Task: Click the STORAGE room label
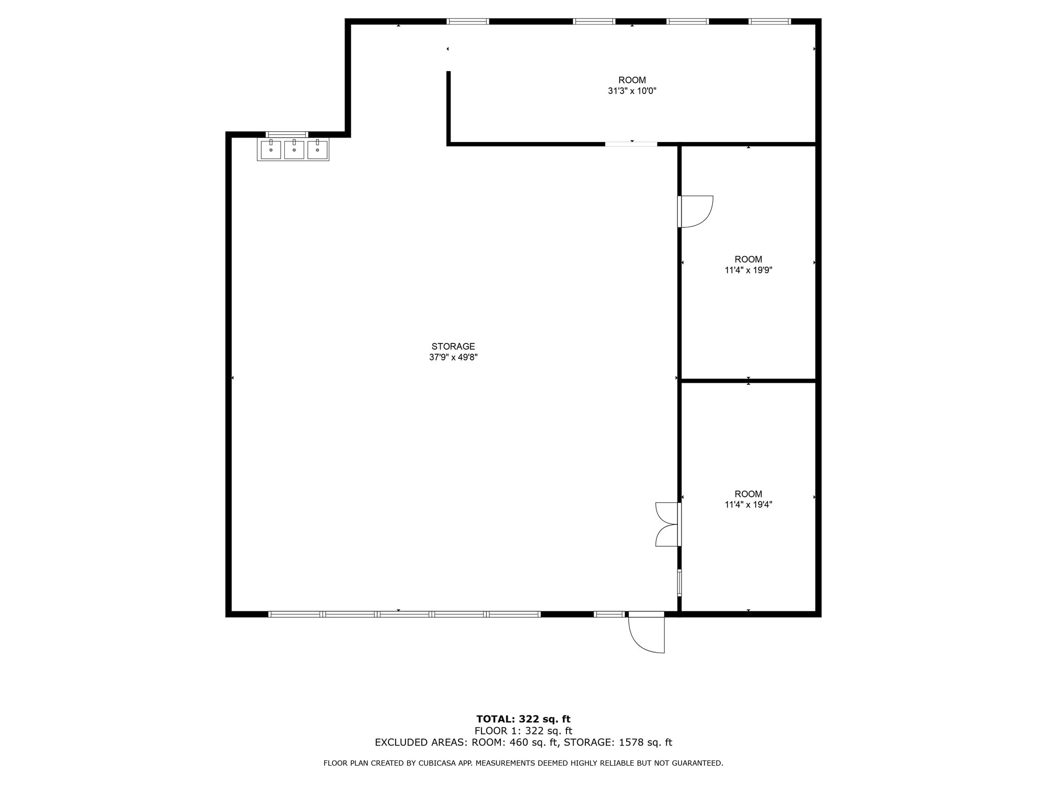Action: click(x=453, y=347)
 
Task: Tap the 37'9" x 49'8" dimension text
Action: click(x=453, y=358)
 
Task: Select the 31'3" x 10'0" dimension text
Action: click(x=632, y=91)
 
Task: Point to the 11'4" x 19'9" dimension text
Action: click(x=748, y=270)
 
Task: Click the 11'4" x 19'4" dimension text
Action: click(x=748, y=505)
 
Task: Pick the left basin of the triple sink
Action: click(x=271, y=150)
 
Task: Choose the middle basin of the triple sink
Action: click(x=294, y=150)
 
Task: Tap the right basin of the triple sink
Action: click(x=317, y=150)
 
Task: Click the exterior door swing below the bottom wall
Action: click(x=647, y=634)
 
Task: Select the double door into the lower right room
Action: click(x=668, y=524)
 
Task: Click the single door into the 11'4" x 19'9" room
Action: click(x=695, y=211)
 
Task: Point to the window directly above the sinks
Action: click(x=287, y=134)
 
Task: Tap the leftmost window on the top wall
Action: click(x=468, y=21)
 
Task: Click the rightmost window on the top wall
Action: click(x=769, y=21)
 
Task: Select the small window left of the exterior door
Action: click(x=609, y=614)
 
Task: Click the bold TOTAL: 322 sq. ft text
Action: click(x=523, y=720)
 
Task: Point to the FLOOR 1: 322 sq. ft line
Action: click(x=523, y=731)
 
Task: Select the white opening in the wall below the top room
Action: click(x=631, y=144)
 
